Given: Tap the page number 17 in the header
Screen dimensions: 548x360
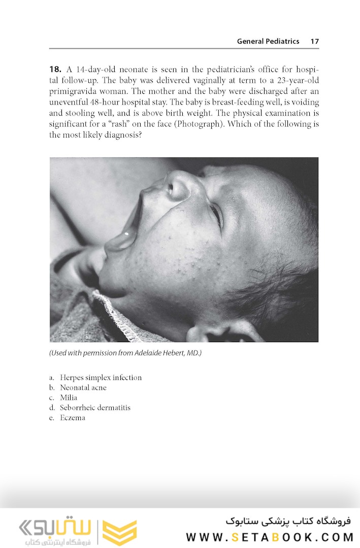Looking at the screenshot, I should tap(314, 42).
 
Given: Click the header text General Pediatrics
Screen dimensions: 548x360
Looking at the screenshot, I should tap(268, 42).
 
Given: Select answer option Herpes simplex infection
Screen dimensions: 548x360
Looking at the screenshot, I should tap(101, 378).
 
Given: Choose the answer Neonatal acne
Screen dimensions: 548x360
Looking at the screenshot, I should tap(83, 388).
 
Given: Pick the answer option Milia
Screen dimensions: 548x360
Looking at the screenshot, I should tap(69, 398).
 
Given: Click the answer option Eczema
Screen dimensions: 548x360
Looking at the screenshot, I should tap(73, 418).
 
